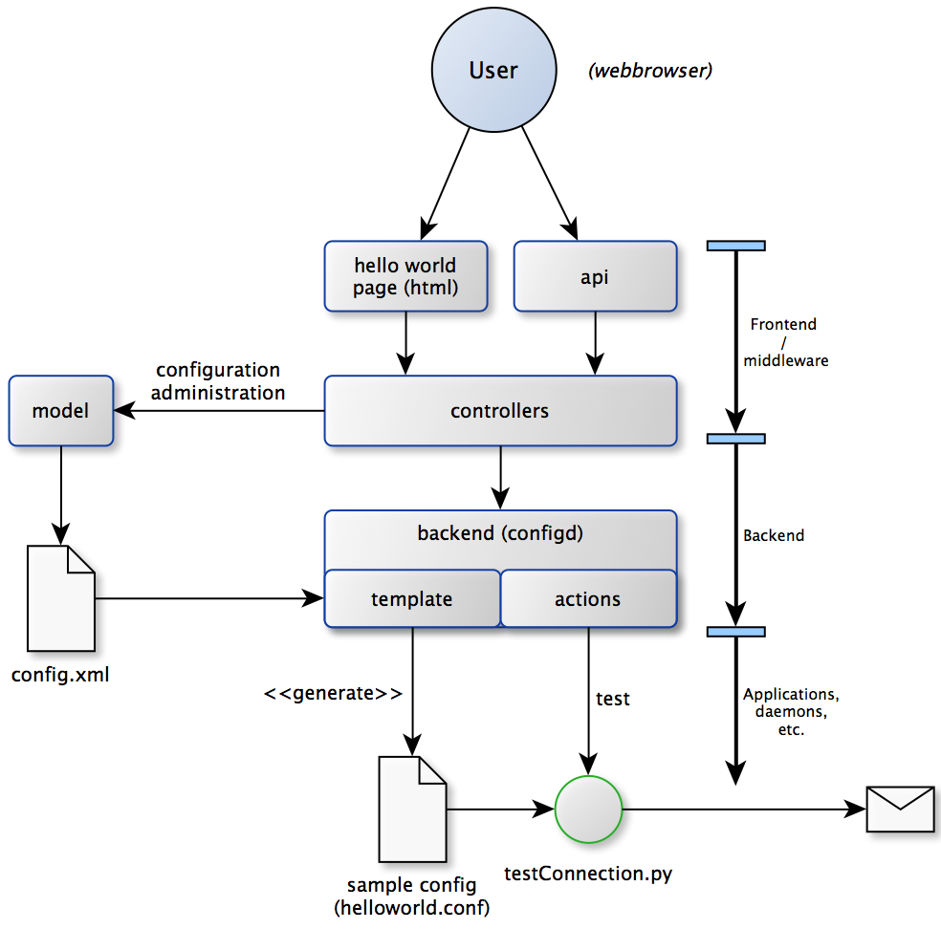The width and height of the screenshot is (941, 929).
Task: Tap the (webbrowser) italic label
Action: pos(650,71)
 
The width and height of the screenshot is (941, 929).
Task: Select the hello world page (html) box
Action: pos(405,276)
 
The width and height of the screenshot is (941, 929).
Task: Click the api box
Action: pos(595,276)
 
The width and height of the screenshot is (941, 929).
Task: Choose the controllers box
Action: pos(499,411)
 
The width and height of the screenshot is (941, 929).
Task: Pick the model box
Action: pos(60,411)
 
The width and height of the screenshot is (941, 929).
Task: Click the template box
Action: pos(411,599)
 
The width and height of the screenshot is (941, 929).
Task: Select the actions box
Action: pos(587,599)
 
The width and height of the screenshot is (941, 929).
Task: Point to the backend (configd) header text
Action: pos(499,533)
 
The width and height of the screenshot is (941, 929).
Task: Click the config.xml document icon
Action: pos(61,598)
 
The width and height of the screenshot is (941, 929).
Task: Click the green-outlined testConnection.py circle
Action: pos(588,810)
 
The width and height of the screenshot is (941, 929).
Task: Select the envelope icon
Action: pos(900,809)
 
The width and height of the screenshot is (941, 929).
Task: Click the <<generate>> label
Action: pos(333,693)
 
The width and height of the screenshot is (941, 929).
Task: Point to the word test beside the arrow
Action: pos(613,699)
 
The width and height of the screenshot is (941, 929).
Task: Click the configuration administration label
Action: pos(220,381)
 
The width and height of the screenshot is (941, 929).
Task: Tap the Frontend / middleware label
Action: pos(782,342)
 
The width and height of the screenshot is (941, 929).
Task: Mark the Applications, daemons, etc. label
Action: pos(783,711)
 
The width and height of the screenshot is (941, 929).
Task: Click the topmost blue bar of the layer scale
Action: pos(735,246)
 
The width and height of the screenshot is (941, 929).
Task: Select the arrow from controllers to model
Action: pos(220,411)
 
